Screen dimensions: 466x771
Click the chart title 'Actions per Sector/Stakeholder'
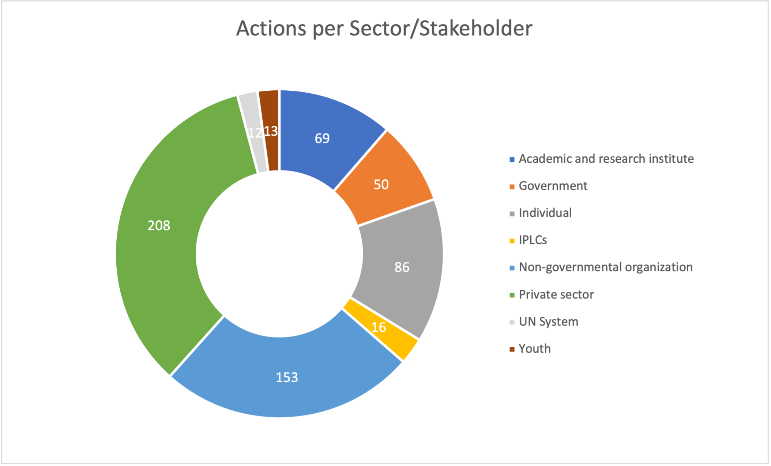(384, 29)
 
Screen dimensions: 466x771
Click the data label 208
(159, 225)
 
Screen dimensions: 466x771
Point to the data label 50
(381, 184)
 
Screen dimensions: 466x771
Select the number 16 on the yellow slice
(379, 327)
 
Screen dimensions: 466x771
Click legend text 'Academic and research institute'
(606, 159)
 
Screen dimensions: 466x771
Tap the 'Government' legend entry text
(553, 186)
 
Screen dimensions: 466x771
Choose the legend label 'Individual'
(545, 213)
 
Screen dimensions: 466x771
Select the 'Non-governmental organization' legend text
(605, 267)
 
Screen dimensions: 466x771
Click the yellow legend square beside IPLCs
(512, 241)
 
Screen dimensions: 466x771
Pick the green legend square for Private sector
(512, 295)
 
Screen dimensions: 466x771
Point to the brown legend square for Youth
(512, 349)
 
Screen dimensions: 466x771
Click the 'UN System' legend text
(548, 322)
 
